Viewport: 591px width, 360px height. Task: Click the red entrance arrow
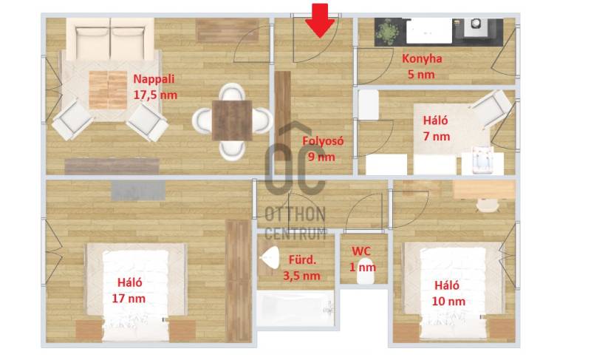320,21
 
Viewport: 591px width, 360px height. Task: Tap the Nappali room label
154,79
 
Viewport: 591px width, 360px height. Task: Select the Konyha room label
422,59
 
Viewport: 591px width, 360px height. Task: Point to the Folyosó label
323,141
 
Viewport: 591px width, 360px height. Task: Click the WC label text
361,251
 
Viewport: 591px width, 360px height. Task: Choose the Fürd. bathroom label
302,259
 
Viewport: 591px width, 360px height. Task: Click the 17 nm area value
129,299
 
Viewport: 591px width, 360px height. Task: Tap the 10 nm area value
448,301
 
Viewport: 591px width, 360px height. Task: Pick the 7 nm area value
437,136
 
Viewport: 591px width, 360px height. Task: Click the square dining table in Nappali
232,120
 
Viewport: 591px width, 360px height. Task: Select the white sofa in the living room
110,39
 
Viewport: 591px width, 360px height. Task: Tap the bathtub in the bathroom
295,309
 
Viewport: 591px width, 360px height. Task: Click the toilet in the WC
365,271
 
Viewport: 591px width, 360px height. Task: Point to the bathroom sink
270,257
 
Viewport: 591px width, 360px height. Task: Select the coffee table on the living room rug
108,90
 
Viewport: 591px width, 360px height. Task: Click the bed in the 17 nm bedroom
136,292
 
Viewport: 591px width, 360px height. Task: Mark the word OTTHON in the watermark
295,214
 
